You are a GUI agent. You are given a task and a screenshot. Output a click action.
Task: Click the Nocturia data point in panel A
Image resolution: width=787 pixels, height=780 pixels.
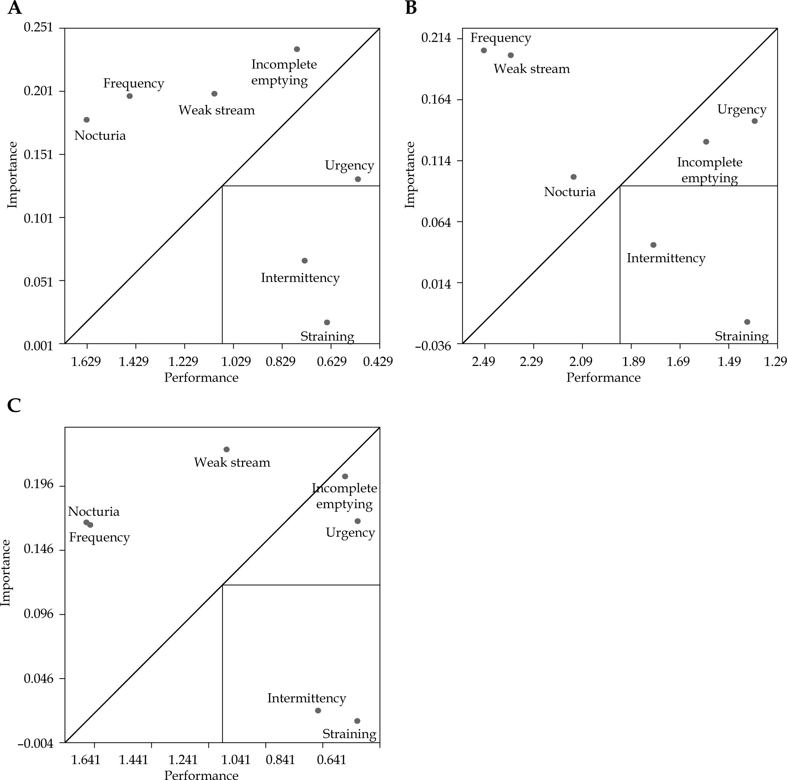coord(86,120)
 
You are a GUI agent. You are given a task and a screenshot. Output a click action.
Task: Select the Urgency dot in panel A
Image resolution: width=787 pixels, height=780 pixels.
coord(358,179)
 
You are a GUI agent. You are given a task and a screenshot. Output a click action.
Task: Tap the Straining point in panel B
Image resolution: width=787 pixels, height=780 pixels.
coord(747,322)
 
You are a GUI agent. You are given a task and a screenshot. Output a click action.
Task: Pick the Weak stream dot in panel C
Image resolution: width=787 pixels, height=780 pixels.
coord(227,450)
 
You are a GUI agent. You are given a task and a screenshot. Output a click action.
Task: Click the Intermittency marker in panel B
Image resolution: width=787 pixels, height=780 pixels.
coord(654,245)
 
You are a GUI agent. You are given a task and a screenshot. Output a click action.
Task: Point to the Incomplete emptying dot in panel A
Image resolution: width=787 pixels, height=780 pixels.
coord(297,49)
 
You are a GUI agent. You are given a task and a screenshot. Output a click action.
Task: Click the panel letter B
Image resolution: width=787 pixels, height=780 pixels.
coord(411,8)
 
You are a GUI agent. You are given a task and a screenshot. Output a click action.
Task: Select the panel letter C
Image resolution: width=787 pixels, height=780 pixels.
coord(14,406)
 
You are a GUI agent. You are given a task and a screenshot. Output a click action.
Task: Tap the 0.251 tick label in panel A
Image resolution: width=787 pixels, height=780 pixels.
coord(38,27)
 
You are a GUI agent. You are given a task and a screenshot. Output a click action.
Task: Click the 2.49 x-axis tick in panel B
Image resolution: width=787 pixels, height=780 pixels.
coord(484,361)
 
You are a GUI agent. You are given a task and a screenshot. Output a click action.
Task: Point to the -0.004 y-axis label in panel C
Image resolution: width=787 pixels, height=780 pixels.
coord(35,744)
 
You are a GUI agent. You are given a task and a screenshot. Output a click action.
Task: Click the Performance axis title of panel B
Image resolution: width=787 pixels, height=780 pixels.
coord(603,378)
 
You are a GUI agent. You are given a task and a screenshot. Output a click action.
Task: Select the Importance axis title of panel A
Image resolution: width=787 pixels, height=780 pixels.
coord(12,175)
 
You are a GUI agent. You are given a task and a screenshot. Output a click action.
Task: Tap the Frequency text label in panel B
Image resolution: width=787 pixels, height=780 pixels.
coord(501,38)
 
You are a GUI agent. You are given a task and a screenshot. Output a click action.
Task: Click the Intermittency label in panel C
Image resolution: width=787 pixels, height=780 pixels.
coord(306,698)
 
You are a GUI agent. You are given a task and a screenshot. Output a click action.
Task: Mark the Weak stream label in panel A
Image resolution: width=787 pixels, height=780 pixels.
coord(216,110)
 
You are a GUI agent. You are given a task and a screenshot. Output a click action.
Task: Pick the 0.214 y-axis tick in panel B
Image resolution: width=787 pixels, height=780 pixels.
coord(436,38)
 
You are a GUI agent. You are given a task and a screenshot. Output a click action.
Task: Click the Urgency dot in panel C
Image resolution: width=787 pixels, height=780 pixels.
coord(357,521)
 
